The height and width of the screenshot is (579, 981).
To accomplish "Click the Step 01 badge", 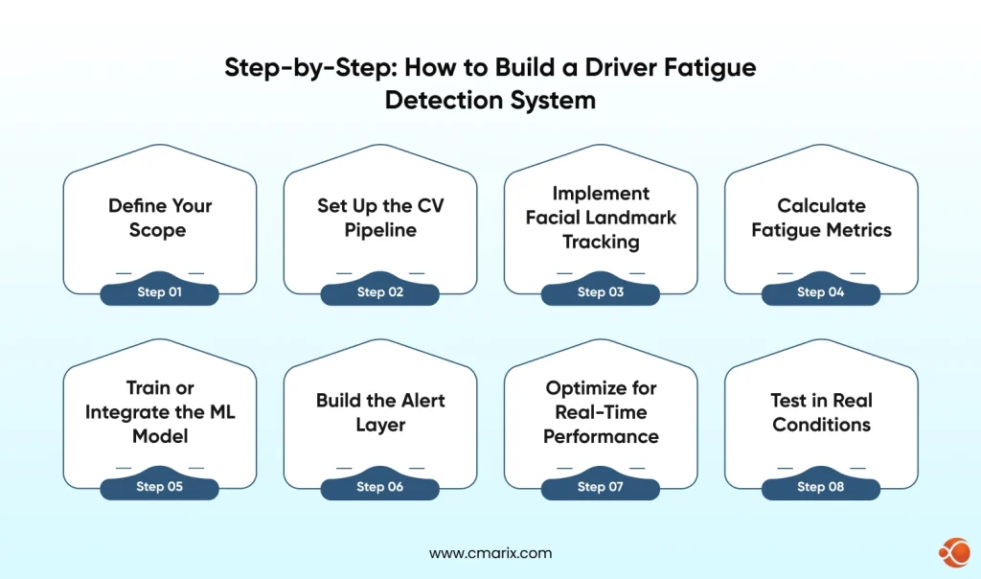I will coord(159,292).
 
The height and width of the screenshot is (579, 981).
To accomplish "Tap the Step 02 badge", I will coord(380,292).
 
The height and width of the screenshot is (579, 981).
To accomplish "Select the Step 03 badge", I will coord(601,292).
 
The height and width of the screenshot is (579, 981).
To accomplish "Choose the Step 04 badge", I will coord(821,292).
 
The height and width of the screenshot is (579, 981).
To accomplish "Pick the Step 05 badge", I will coord(159,487).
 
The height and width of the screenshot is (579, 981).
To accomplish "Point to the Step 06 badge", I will coord(380,487).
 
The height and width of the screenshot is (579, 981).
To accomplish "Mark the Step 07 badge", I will coord(601,487).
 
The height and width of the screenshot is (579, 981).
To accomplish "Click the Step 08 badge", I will coord(821,487).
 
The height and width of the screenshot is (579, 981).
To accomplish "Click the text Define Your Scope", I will coord(160,218).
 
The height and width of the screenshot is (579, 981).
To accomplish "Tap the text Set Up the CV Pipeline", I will coord(380,218).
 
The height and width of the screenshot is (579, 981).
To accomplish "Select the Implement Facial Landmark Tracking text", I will coord(601,218).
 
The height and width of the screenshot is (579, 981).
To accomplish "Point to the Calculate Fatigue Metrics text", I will coord(821,218).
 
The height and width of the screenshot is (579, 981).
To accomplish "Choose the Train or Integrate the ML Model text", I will coord(160,412).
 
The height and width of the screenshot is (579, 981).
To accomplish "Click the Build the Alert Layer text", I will coord(380,412).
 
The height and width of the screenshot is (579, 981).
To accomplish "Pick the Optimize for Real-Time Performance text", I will coord(601,412).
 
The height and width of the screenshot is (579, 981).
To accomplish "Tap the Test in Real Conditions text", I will coord(821,412).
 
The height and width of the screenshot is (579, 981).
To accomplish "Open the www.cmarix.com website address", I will coord(490,553).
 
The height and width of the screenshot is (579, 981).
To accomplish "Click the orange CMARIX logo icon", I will coord(953,553).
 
